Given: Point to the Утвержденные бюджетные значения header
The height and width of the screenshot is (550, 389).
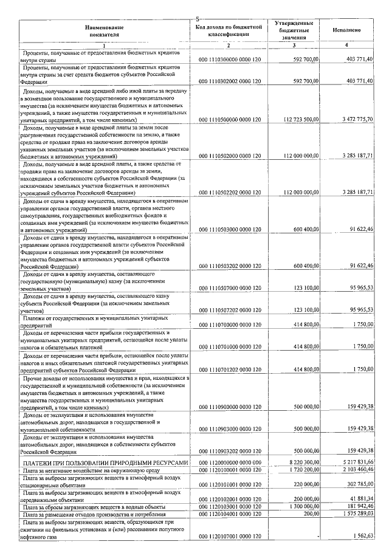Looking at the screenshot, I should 294,30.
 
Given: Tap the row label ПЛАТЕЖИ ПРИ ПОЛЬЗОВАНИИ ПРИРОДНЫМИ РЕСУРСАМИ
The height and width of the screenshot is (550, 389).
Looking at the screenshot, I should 105,462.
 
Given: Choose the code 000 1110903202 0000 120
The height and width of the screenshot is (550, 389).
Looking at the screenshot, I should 230,451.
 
